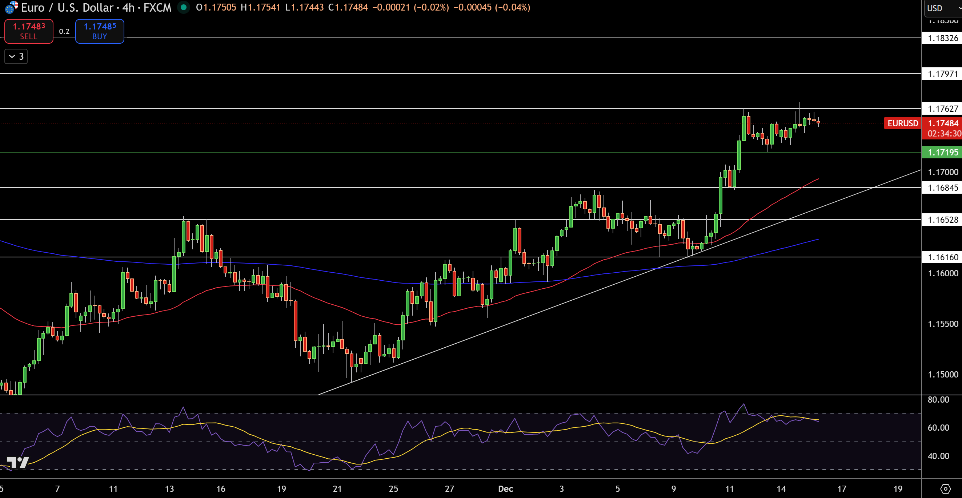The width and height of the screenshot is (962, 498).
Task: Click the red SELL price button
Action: pyautogui.click(x=29, y=31)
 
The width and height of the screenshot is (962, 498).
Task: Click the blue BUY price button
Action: pyautogui.click(x=100, y=31)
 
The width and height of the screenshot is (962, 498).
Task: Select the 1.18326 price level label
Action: pyautogui.click(x=943, y=38)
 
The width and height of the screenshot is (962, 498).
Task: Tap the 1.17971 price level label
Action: pyautogui.click(x=943, y=74)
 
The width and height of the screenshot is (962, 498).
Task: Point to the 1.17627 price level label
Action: pyautogui.click(x=943, y=109)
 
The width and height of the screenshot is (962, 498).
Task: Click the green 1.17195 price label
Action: pyautogui.click(x=943, y=153)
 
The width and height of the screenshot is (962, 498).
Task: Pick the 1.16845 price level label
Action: pyautogui.click(x=943, y=188)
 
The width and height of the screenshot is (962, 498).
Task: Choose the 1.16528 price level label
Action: pyautogui.click(x=943, y=220)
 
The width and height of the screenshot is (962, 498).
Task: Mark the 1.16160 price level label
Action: pyautogui.click(x=943, y=257)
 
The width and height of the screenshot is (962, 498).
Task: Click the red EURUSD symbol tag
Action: pyautogui.click(x=902, y=123)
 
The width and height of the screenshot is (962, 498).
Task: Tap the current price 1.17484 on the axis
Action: pyautogui.click(x=943, y=123)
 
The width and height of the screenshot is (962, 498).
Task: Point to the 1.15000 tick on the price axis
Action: pyautogui.click(x=943, y=375)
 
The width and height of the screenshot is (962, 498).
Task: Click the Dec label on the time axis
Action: pyautogui.click(x=505, y=489)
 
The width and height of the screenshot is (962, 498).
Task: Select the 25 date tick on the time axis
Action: pyautogui.click(x=393, y=489)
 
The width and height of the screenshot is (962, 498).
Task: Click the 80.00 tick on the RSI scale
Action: pyautogui.click(x=938, y=400)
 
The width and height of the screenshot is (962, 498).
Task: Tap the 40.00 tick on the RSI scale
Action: pyautogui.click(x=938, y=456)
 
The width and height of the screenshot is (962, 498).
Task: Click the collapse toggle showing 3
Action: pyautogui.click(x=16, y=56)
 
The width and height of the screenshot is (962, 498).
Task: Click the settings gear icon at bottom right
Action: pyautogui.click(x=945, y=489)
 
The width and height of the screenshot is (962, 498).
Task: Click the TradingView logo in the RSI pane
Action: pyautogui.click(x=17, y=463)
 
